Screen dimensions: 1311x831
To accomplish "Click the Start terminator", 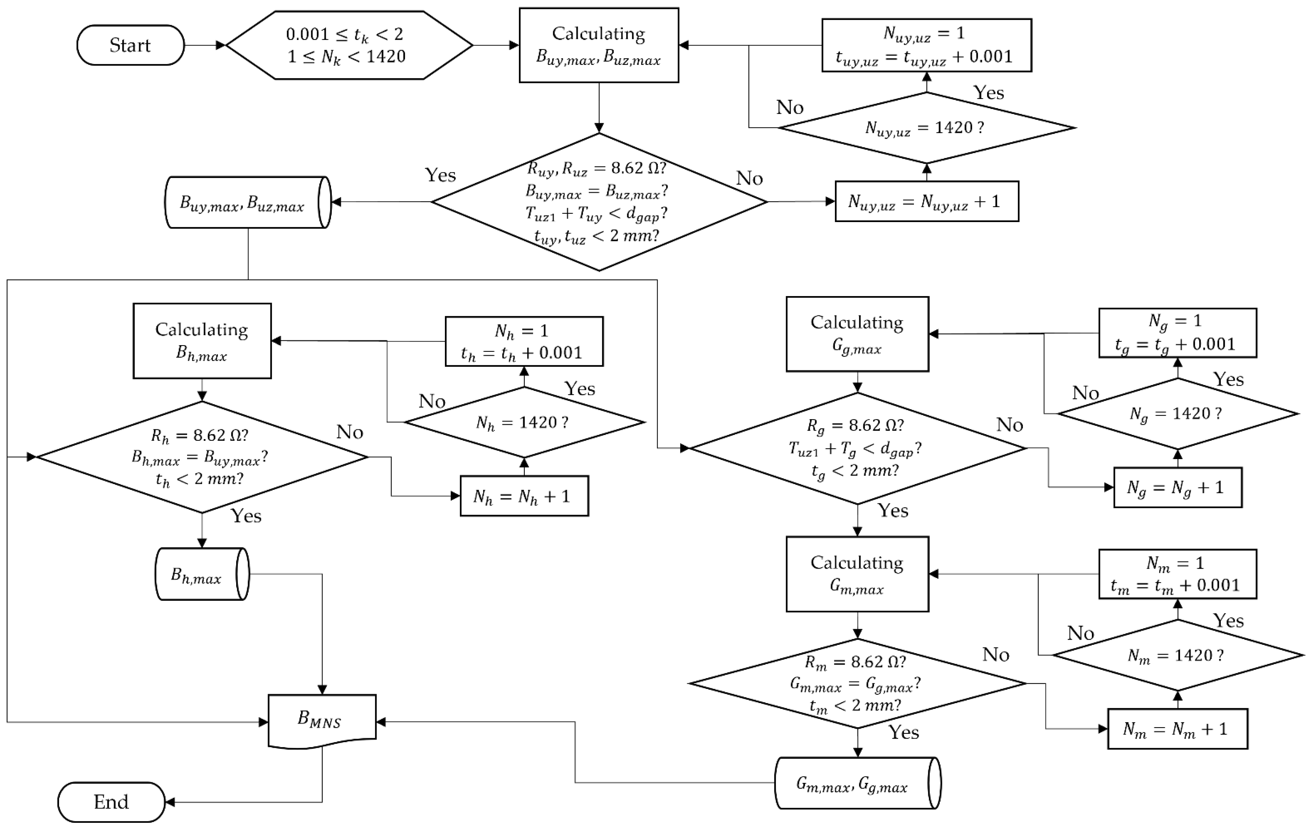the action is point(131,45).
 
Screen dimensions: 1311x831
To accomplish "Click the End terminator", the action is point(111,802).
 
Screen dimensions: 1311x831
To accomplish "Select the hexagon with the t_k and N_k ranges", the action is point(349,45).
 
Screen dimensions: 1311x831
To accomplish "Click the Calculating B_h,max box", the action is point(202,341).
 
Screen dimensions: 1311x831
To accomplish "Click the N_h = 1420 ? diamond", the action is point(524,422).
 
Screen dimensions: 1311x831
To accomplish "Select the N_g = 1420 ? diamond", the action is point(1178,414).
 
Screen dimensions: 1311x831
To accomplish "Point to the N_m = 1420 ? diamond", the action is point(1178,655).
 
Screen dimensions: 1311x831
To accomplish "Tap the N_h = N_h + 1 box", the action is point(524,496).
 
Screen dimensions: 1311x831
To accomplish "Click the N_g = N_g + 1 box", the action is point(1178,487).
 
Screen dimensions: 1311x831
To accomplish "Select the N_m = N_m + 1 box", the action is point(1178,729).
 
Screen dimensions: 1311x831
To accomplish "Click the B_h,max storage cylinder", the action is point(202,574).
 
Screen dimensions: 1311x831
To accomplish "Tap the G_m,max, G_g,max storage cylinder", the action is point(858,783).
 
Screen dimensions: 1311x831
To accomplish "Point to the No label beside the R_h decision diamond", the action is point(350,432).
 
